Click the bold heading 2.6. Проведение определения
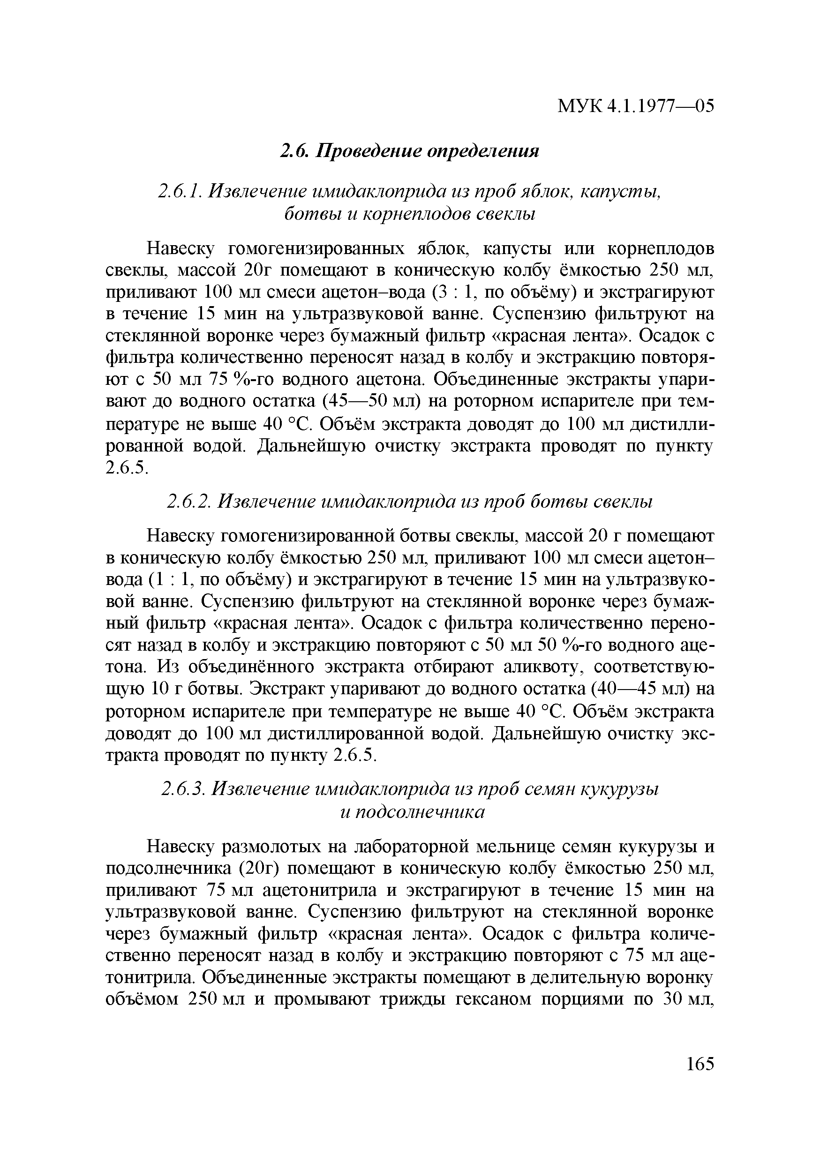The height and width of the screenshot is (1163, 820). click(x=410, y=151)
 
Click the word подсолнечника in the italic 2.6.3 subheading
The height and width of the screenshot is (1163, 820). click(x=419, y=812)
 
